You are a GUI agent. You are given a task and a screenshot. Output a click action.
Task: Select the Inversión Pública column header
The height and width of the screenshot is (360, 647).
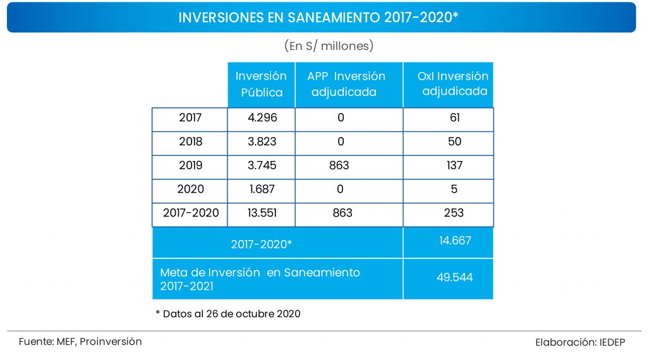pos(261,84)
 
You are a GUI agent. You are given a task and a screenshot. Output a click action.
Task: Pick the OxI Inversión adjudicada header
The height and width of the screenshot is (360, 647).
pos(453,83)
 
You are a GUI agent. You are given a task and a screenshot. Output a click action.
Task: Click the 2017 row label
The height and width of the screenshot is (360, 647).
pos(190,118)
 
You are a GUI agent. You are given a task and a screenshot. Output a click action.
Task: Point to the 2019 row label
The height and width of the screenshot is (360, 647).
pos(190,165)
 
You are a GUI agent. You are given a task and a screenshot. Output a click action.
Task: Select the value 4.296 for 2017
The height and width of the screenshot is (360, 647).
pos(261,118)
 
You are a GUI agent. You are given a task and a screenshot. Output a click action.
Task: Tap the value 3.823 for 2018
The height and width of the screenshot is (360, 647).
pos(261,141)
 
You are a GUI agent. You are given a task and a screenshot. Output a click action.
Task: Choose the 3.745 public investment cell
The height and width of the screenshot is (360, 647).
pos(261,165)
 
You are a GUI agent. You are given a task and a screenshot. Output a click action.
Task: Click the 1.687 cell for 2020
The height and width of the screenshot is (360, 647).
pos(261,189)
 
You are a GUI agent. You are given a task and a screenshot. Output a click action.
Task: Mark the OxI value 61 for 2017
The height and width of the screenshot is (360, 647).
pos(454,118)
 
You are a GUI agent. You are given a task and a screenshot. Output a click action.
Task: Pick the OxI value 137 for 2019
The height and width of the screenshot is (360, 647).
pos(454,165)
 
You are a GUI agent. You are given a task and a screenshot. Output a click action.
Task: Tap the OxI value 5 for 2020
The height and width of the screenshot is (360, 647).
pos(454,189)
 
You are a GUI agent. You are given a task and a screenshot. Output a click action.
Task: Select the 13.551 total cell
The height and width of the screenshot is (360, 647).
pos(261,213)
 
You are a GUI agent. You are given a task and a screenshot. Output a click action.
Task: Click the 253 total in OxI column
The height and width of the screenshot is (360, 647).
pos(454,213)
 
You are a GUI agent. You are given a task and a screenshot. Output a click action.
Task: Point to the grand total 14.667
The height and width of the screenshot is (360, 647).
pos(454,241)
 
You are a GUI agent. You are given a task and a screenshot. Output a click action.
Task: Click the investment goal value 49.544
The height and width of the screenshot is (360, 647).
pos(454,277)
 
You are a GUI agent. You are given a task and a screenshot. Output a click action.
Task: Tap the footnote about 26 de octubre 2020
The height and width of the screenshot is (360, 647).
pos(227,313)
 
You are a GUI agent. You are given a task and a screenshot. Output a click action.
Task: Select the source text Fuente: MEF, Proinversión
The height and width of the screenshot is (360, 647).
pos(80,342)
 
